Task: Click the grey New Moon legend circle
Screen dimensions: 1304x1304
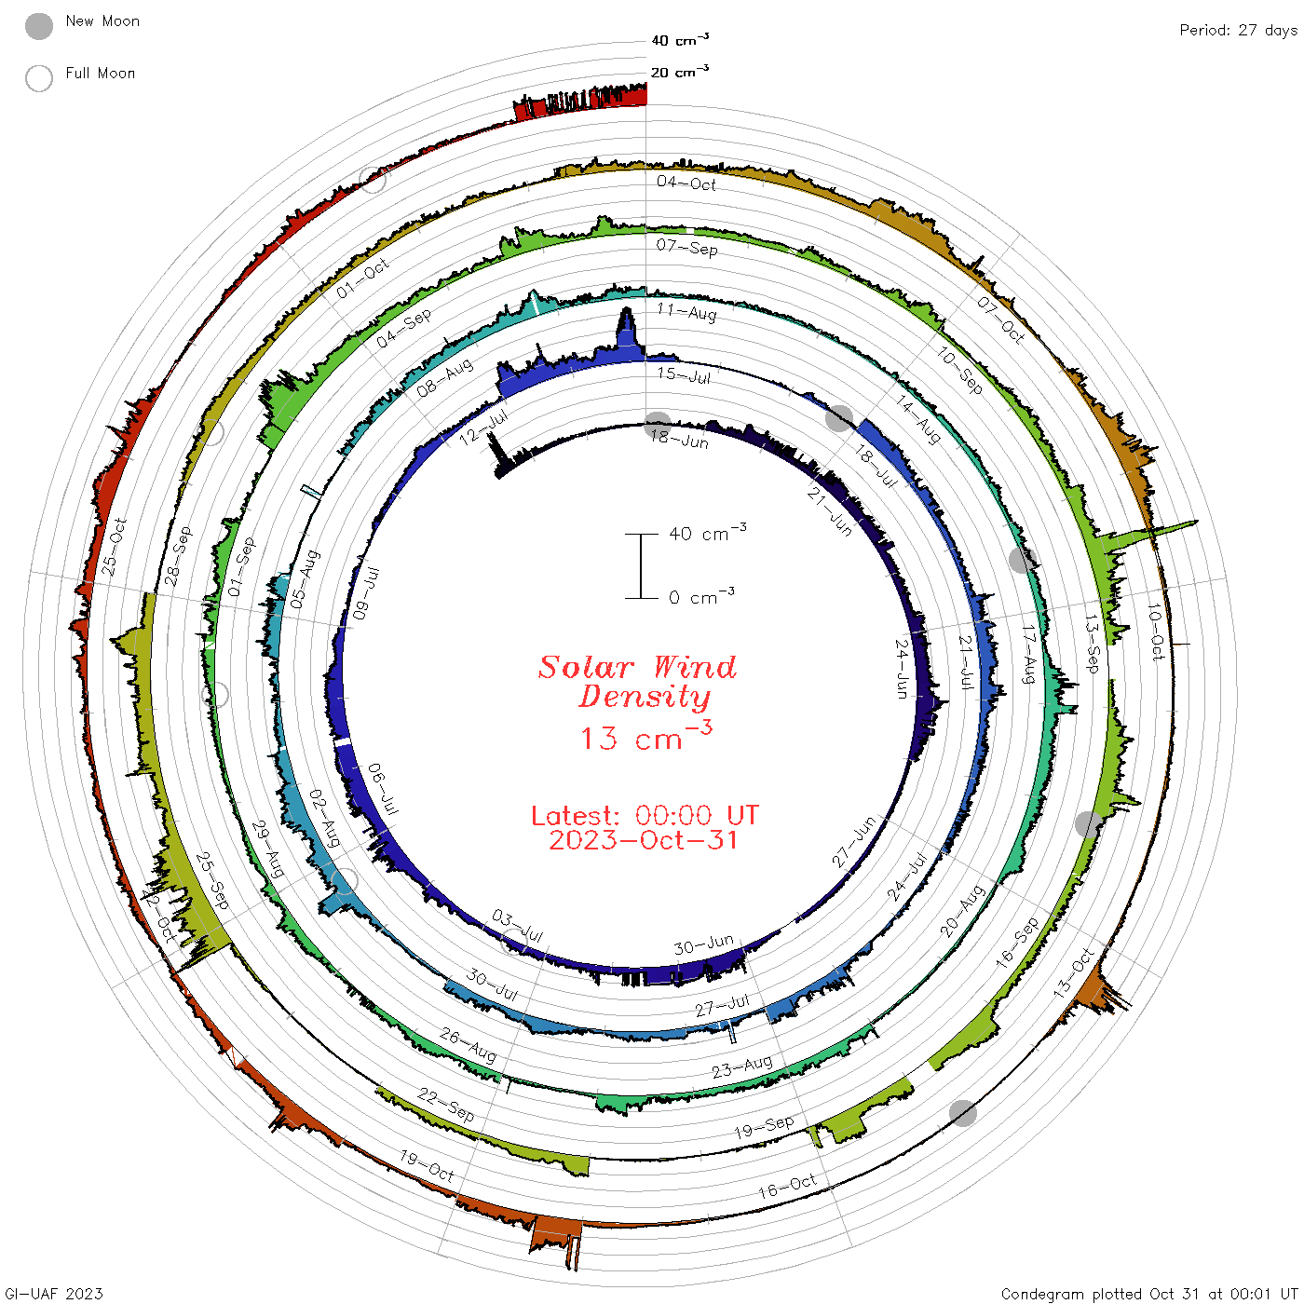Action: (x=38, y=26)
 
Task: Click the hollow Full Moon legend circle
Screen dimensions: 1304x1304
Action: (x=38, y=78)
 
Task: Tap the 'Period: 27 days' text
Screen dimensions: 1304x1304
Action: (x=1238, y=31)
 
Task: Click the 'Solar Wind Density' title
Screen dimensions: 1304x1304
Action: (x=637, y=682)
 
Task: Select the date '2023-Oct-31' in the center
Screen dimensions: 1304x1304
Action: (x=643, y=840)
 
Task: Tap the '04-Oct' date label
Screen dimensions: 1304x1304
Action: (x=686, y=183)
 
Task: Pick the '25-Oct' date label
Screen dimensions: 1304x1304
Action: (x=114, y=547)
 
